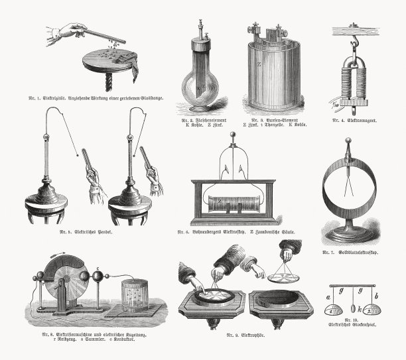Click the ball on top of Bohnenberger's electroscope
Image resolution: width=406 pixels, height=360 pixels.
click(x=232, y=135)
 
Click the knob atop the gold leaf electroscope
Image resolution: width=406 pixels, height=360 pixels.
click(x=347, y=141)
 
